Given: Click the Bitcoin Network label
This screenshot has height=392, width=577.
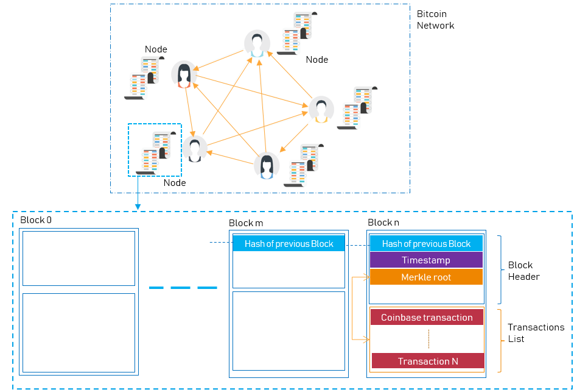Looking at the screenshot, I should (x=435, y=20).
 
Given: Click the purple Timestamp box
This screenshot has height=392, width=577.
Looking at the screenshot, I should (x=426, y=260).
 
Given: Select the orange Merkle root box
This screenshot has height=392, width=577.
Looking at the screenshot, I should (x=426, y=277).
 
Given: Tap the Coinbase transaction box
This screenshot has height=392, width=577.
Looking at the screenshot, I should (x=427, y=317).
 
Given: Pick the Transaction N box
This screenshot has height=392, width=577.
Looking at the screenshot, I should (x=428, y=361).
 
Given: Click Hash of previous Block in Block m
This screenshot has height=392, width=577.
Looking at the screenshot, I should (x=288, y=244).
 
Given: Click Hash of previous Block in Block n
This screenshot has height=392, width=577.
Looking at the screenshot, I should (x=426, y=244).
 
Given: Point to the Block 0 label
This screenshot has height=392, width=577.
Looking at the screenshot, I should (x=36, y=219).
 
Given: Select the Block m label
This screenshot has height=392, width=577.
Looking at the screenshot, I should (x=246, y=224).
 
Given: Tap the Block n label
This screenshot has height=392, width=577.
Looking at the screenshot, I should (x=383, y=223).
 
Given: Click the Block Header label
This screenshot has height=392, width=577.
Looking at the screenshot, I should (x=523, y=271).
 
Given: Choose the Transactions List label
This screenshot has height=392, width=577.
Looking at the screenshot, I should (x=536, y=333).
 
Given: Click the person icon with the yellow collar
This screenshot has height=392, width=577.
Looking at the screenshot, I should (x=321, y=110).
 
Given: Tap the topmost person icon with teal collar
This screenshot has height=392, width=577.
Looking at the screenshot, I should (x=257, y=45).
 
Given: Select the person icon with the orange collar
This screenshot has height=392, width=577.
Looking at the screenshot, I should (x=184, y=74).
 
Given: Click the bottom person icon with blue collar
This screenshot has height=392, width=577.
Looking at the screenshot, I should (x=267, y=166).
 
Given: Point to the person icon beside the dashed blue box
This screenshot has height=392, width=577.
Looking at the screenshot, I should (x=195, y=149).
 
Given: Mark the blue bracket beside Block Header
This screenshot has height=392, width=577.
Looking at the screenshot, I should (x=499, y=269).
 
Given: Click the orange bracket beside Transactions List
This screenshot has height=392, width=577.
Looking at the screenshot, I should (x=499, y=340).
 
